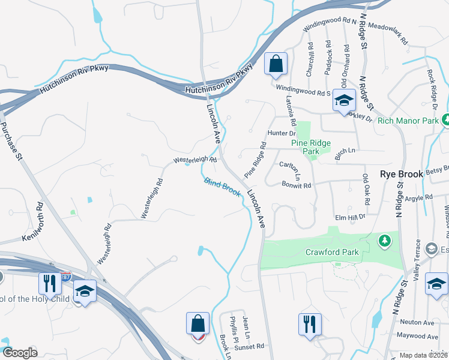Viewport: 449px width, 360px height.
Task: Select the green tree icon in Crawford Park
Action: click(384, 241)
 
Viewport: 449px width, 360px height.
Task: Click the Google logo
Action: click(20, 352)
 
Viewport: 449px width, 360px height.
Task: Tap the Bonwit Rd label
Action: click(297, 185)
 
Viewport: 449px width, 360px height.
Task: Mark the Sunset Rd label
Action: click(251, 346)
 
